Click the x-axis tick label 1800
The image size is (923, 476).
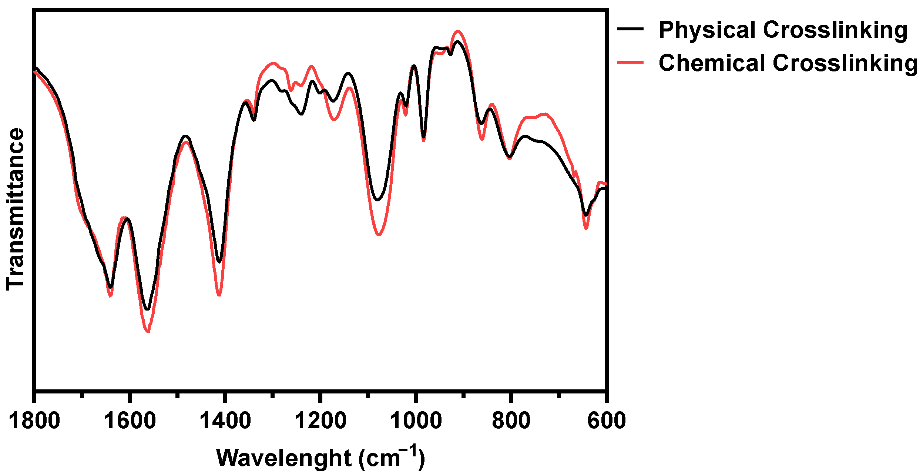click(x=34, y=421)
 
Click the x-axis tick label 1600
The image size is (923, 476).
click(x=130, y=421)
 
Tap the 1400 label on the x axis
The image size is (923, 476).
click(x=225, y=421)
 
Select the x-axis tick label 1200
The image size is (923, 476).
click(x=320, y=421)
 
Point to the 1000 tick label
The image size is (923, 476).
click(x=416, y=421)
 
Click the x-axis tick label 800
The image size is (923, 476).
click(x=511, y=421)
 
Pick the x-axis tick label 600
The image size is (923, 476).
click(x=607, y=421)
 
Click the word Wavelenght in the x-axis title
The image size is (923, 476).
click(x=283, y=458)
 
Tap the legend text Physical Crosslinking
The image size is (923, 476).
click(x=783, y=30)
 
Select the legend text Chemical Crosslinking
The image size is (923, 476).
click(x=788, y=63)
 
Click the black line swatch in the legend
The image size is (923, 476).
click(x=630, y=29)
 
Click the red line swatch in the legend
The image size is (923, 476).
click(x=630, y=62)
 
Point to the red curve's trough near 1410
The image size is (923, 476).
click(x=219, y=295)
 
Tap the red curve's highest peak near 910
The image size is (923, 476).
click(x=458, y=31)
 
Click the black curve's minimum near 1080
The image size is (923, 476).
click(x=377, y=200)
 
